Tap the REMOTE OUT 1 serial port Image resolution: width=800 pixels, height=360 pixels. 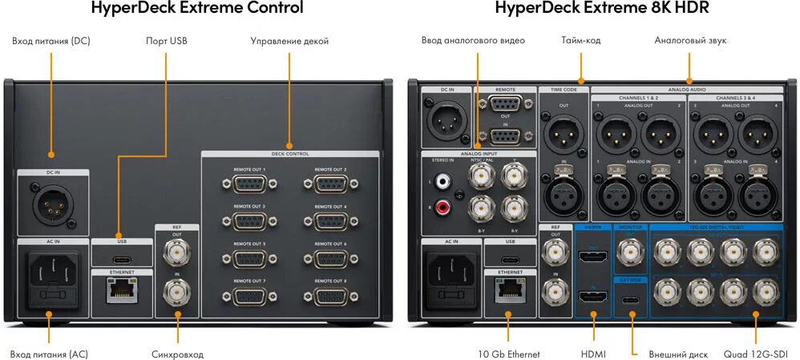249,184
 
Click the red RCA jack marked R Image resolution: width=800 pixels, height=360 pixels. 442,207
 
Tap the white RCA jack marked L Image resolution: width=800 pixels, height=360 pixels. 442,183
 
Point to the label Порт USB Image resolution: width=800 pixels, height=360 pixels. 166,41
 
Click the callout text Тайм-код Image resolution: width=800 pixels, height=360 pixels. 581,40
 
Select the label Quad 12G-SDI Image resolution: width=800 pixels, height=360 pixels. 757,354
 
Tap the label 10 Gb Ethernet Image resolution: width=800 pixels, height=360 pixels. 509,354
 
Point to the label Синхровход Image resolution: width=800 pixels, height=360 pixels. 177,354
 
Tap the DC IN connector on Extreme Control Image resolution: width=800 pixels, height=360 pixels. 51,204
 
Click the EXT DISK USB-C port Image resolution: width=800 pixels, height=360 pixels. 631,301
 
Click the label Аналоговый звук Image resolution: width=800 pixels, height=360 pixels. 689,40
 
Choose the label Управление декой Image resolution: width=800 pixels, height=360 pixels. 289,41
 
